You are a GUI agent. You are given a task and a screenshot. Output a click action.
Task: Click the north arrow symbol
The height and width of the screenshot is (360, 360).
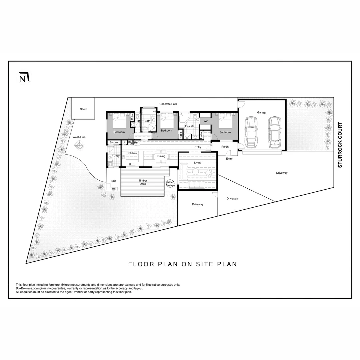click(24, 77)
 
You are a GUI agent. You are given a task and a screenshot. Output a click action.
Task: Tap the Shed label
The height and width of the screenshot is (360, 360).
click(83, 109)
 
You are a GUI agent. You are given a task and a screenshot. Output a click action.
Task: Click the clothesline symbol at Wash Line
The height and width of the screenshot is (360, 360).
click(80, 145)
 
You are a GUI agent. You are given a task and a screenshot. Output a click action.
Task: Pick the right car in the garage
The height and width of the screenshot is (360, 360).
click(275, 133)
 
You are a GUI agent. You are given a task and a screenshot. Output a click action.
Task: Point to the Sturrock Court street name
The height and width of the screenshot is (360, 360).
click(340, 145)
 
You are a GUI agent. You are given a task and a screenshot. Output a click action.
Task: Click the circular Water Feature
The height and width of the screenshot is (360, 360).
click(171, 184)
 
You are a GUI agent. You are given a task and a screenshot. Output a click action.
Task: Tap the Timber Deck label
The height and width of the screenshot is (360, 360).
click(143, 182)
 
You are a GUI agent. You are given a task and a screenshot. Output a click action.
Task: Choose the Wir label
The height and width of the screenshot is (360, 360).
click(206, 121)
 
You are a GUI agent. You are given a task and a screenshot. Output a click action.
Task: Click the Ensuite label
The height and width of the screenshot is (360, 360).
click(190, 126)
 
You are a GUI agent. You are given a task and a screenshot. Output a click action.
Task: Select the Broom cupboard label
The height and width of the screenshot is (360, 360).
click(114, 142)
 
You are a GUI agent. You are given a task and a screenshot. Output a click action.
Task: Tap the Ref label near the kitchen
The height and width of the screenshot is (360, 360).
click(136, 142)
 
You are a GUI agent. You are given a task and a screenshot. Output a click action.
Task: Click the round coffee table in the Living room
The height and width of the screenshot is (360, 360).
click(195, 172)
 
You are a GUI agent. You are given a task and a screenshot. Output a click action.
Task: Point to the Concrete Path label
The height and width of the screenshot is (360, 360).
click(168, 104)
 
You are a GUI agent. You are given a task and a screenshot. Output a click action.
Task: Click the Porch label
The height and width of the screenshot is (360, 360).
click(225, 147)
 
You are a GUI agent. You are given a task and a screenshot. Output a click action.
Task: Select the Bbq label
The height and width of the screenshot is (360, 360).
click(114, 181)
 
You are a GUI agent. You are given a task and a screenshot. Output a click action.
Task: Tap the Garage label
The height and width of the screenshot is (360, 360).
click(262, 112)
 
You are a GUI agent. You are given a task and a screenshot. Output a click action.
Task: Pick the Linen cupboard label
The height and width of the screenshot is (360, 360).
click(201, 135)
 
